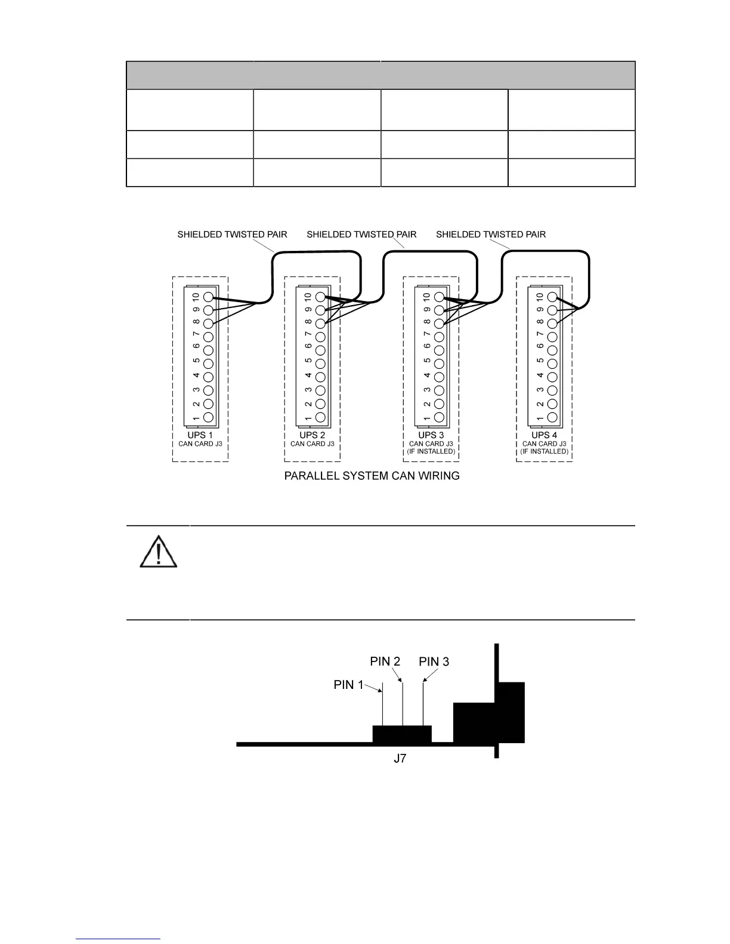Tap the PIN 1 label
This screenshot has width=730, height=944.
click(x=348, y=685)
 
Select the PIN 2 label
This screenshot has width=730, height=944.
click(x=385, y=662)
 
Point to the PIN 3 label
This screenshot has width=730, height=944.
click(x=434, y=662)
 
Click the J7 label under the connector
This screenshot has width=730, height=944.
click(x=400, y=759)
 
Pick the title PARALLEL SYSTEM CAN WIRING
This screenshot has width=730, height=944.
click(x=372, y=476)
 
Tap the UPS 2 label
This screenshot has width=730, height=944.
click(x=312, y=436)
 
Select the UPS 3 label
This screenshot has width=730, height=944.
click(x=431, y=436)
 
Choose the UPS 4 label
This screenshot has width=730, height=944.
click(x=544, y=436)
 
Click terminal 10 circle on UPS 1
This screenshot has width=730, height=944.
click(x=208, y=297)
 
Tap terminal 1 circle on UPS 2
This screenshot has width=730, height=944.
click(x=320, y=418)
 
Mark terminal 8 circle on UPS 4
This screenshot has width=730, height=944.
click(x=552, y=324)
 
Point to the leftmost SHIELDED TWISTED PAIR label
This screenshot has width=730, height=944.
click(x=232, y=234)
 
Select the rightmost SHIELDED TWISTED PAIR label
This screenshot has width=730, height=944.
click(x=491, y=234)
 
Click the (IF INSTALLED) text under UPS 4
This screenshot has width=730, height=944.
click(x=544, y=452)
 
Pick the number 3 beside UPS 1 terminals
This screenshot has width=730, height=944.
click(x=196, y=390)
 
